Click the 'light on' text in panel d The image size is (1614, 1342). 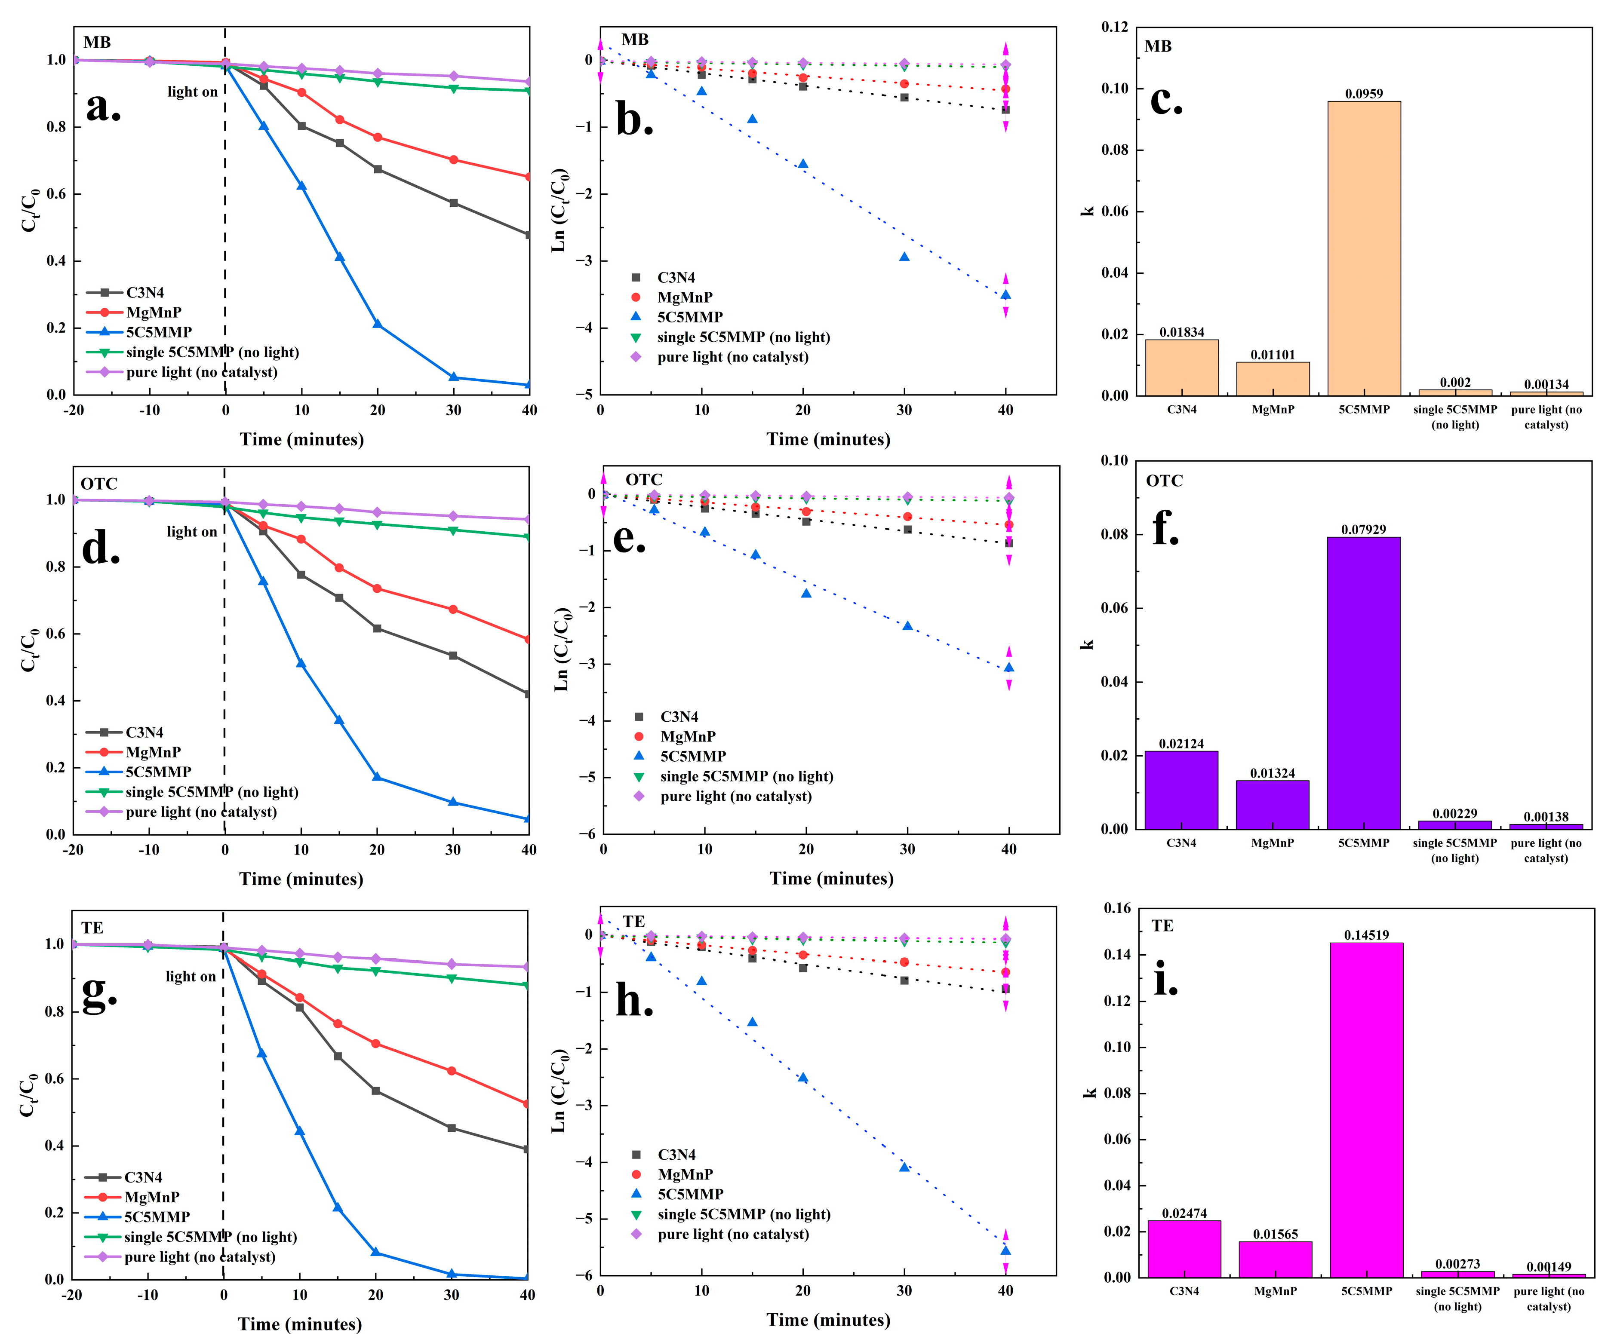[x=192, y=532]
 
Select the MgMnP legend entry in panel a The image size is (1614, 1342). [x=153, y=312]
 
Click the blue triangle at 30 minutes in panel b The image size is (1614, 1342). [x=904, y=257]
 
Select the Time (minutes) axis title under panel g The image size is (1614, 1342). [x=300, y=1324]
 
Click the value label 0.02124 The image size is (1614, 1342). [x=1181, y=744]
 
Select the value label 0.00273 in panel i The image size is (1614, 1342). [x=1457, y=1264]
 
